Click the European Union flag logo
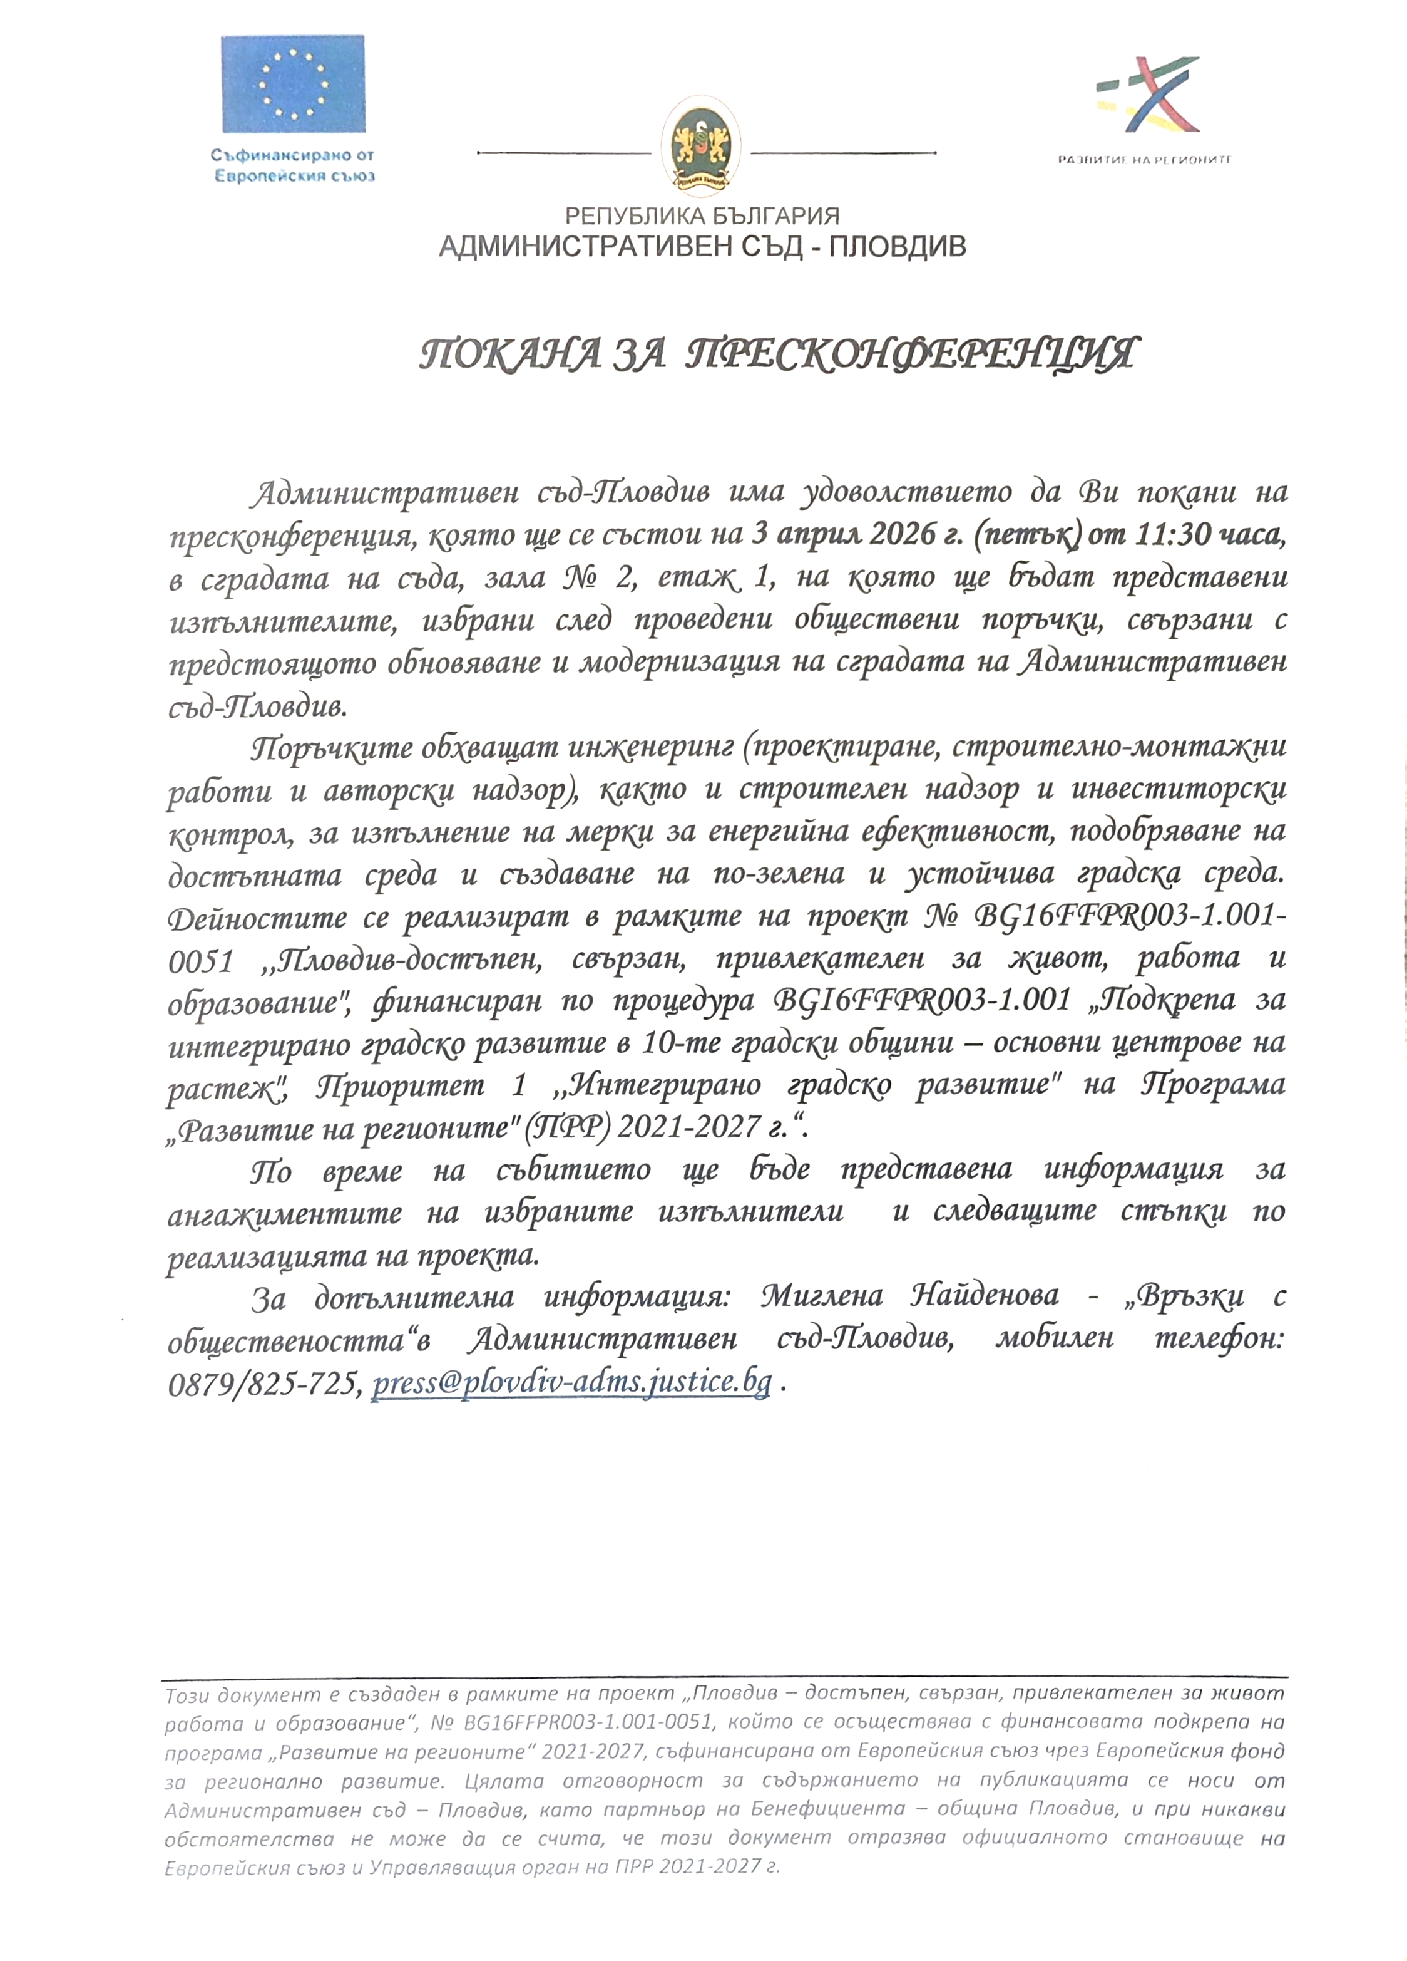coord(292,84)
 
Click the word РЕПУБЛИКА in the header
coord(628,215)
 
